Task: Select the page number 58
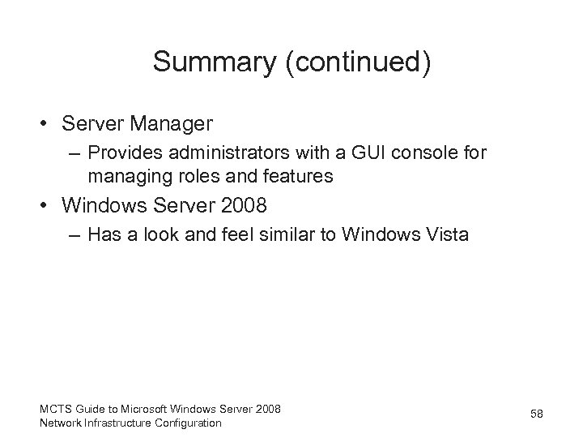[x=536, y=414]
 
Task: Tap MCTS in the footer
[x=54, y=408]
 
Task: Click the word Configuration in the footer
[x=189, y=422]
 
